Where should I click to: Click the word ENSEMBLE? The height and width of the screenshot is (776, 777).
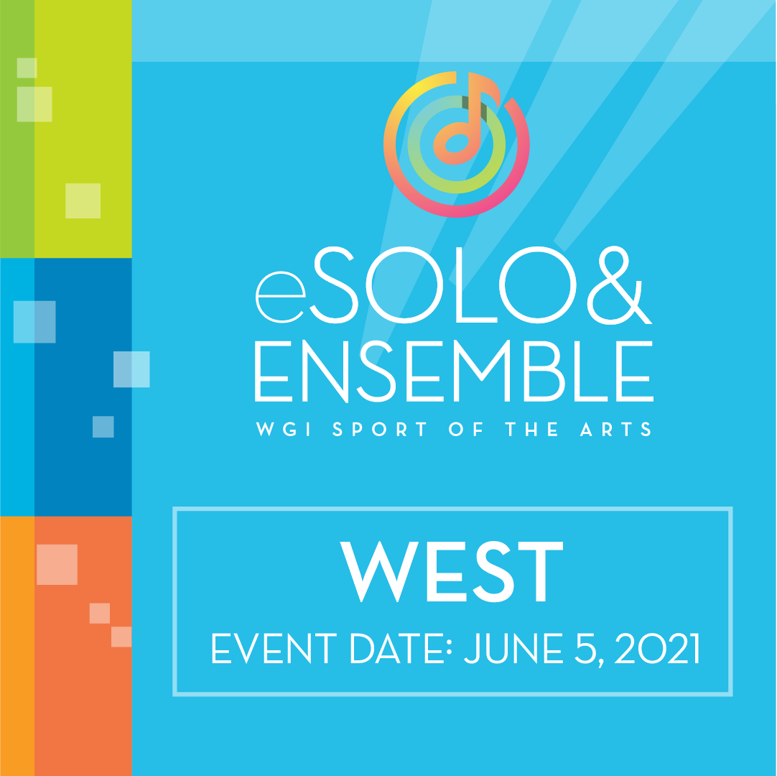point(454,371)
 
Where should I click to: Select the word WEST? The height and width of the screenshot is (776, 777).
point(452,571)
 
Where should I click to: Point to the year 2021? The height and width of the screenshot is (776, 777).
point(657,648)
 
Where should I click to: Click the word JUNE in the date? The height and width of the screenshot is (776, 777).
point(513,648)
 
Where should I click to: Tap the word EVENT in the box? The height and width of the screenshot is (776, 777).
point(274,648)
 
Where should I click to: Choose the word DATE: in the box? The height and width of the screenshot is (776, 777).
point(401,648)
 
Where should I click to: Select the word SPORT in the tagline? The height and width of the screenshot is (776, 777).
point(380,429)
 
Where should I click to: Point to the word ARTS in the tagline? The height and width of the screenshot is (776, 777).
point(616,429)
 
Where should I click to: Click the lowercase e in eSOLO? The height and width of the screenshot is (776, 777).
point(281,297)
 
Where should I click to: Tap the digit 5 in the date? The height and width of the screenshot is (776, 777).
point(585,648)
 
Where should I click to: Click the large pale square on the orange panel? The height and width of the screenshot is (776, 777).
point(57,564)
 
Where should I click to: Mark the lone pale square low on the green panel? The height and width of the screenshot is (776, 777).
point(83,200)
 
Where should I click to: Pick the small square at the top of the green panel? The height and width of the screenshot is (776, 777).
point(27,68)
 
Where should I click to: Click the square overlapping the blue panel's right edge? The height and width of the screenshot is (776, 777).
point(131,369)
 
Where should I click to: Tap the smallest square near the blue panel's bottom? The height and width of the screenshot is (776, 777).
point(103,427)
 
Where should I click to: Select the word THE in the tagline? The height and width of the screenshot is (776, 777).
point(531,429)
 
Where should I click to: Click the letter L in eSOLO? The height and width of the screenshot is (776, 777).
point(476,285)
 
